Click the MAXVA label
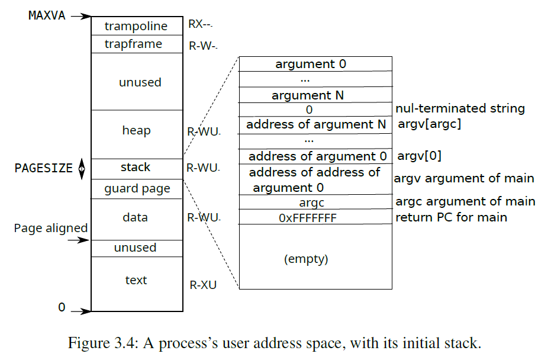[47, 15]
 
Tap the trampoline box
[137, 26]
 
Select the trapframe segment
[137, 44]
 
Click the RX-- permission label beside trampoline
[200, 24]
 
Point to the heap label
[136, 130]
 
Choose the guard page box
[137, 189]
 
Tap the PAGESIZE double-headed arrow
[82, 169]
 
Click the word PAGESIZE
[44, 168]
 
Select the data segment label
[136, 217]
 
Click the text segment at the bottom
[137, 284]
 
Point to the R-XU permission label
[203, 285]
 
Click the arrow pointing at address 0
[81, 311]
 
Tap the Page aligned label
[51, 228]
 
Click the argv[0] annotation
[419, 156]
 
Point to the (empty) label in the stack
[306, 259]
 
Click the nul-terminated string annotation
[460, 108]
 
